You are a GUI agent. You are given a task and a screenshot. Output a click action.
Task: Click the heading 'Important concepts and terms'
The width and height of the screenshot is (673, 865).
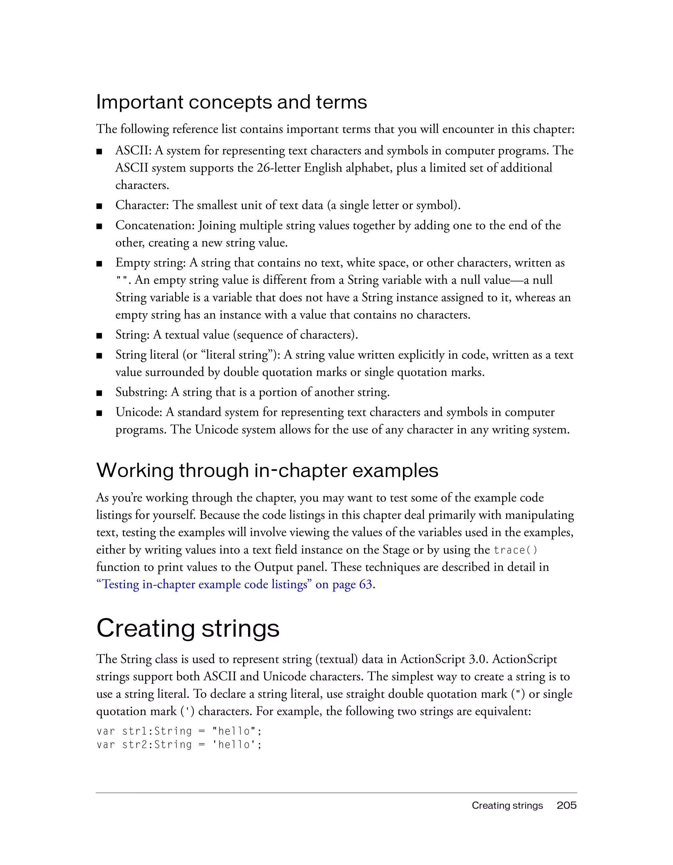tap(231, 102)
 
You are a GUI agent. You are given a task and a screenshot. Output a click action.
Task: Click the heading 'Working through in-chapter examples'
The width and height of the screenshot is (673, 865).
tap(267, 470)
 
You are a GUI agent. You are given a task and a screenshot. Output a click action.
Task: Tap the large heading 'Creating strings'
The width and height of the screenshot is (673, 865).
tap(188, 628)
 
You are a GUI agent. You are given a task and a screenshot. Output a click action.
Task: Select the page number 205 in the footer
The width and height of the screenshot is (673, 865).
tap(567, 805)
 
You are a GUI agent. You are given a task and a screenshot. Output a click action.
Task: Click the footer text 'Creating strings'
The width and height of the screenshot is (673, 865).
tap(507, 805)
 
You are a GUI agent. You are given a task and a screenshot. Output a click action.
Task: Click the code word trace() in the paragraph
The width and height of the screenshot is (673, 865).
tap(515, 550)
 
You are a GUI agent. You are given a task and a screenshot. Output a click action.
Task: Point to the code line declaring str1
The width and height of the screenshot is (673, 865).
tap(179, 731)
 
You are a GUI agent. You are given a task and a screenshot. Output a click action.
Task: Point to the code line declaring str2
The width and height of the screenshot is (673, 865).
tap(179, 745)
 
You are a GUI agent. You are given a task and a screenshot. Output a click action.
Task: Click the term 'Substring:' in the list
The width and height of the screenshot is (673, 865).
tap(141, 392)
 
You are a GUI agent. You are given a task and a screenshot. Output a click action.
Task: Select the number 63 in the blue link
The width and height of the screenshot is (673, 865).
tap(365, 584)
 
